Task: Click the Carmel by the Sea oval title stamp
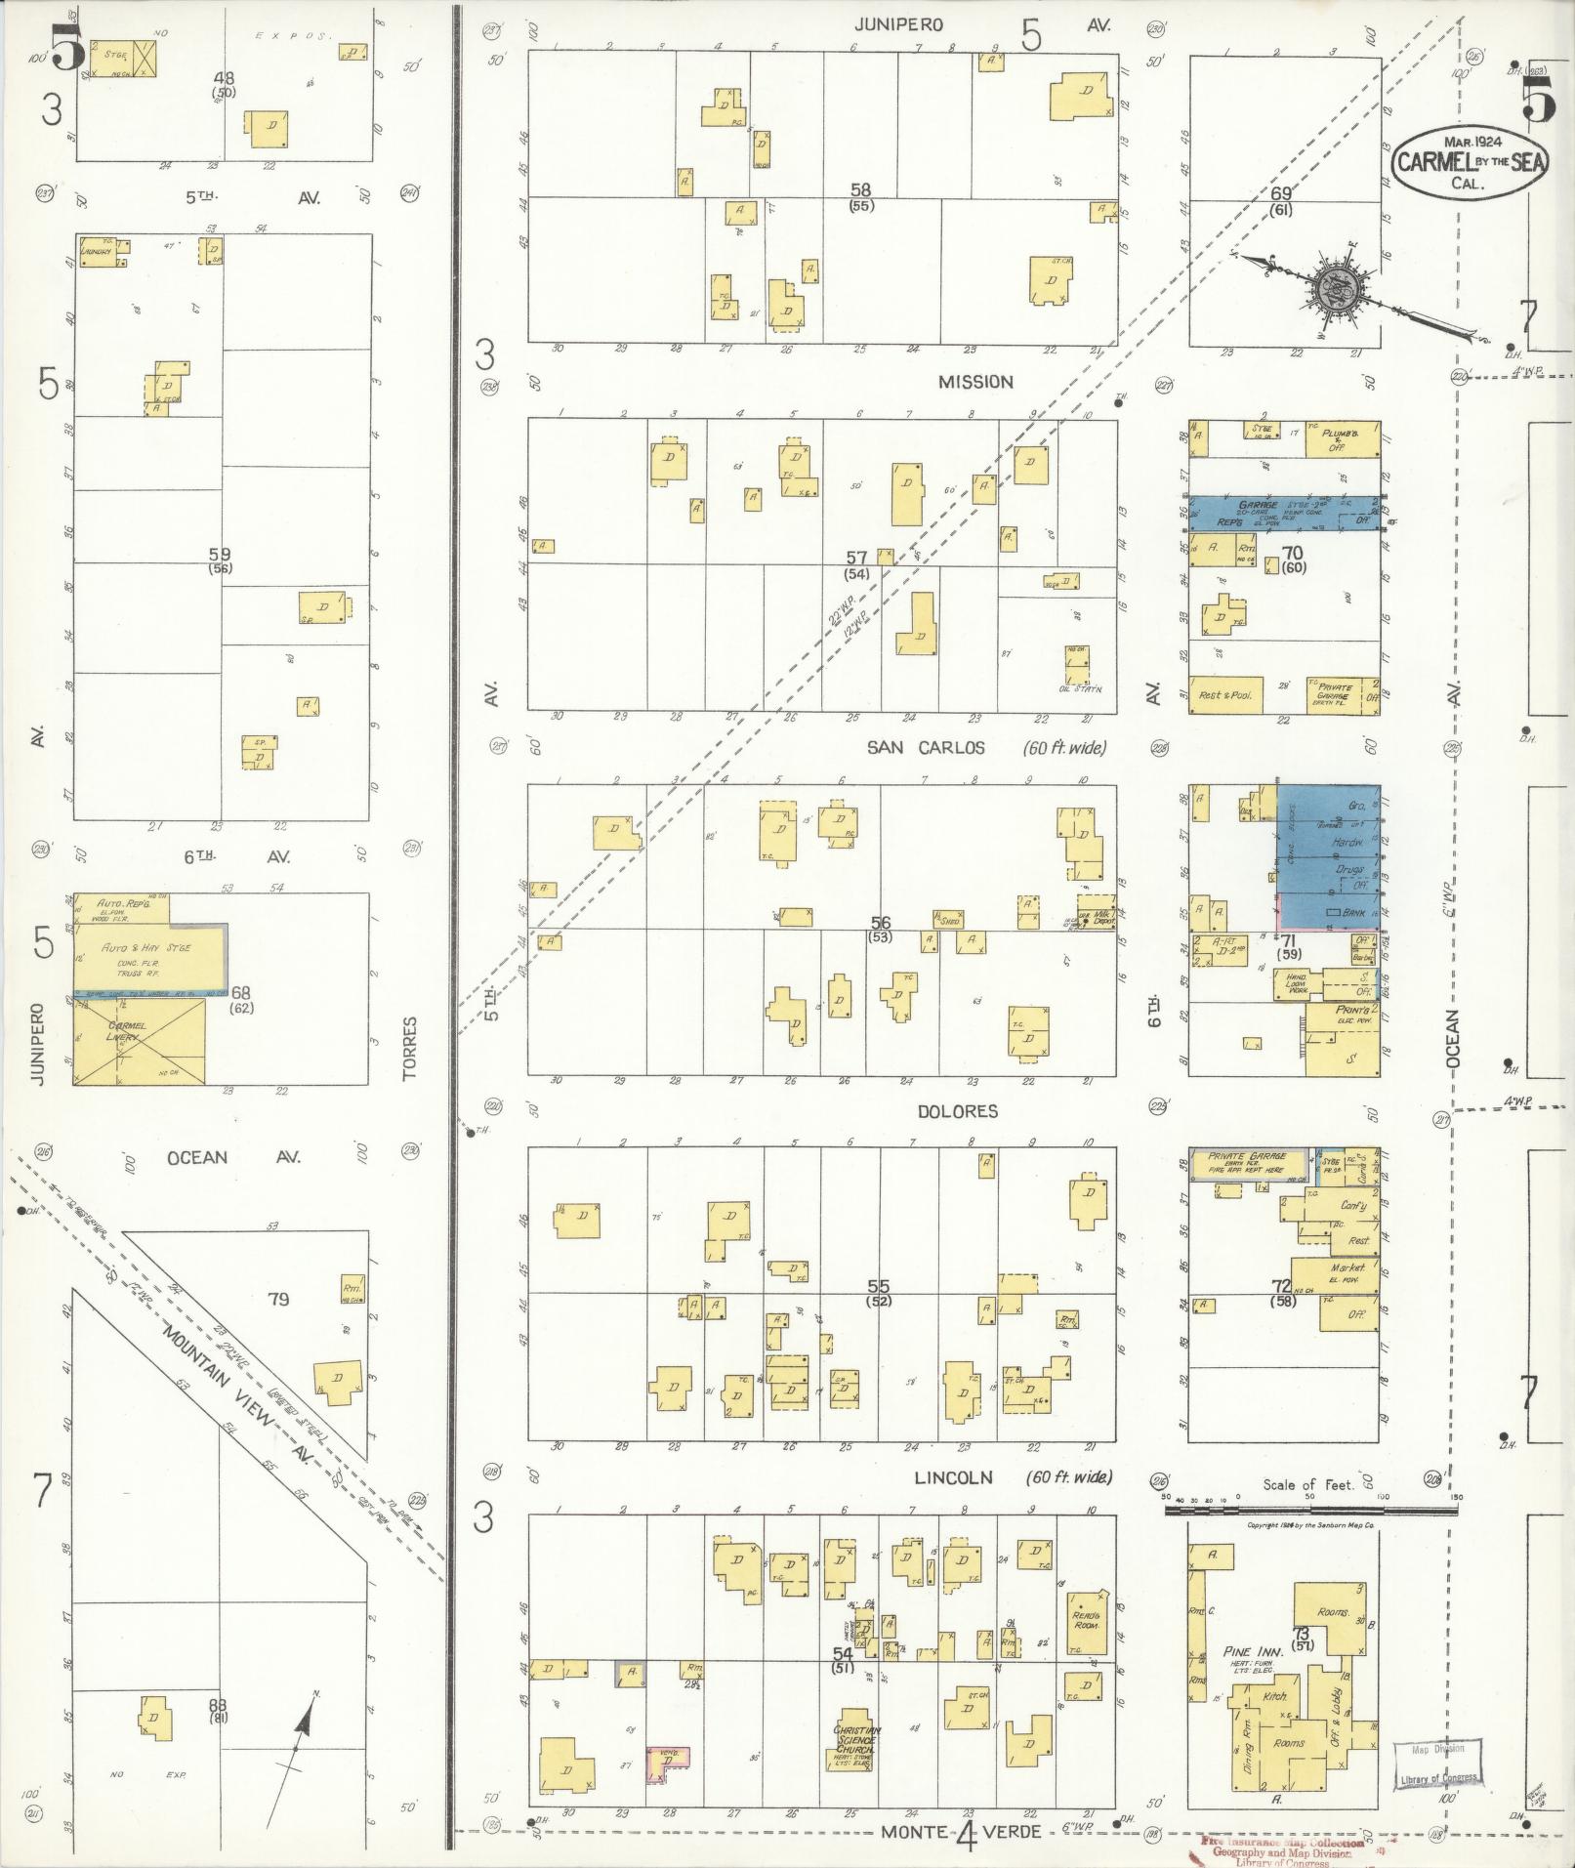1469,162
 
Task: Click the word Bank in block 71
1352,913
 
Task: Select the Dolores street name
957,1111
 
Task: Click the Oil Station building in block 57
1077,666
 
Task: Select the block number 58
860,190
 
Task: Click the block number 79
278,1299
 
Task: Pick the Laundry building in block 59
99,252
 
